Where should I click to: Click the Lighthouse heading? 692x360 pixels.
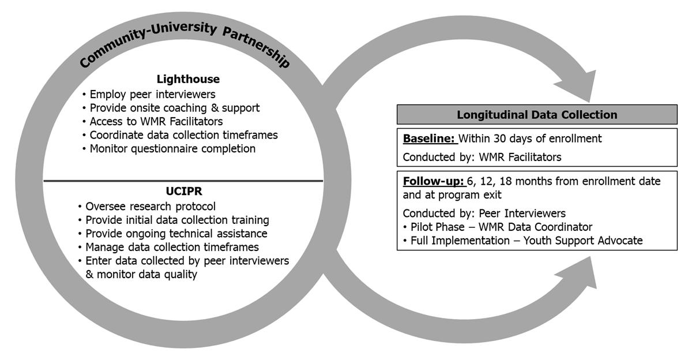(x=188, y=79)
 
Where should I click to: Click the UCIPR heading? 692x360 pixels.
(x=184, y=192)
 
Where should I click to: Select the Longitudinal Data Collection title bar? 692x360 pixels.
(x=537, y=115)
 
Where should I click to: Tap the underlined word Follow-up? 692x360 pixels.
(x=434, y=181)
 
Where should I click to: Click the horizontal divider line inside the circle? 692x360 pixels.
(x=183, y=181)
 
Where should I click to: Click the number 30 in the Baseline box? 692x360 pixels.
(x=499, y=138)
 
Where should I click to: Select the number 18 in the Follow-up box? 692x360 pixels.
(x=506, y=181)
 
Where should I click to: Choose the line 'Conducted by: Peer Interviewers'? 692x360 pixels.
(x=484, y=213)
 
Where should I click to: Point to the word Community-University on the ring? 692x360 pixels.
(x=148, y=43)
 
